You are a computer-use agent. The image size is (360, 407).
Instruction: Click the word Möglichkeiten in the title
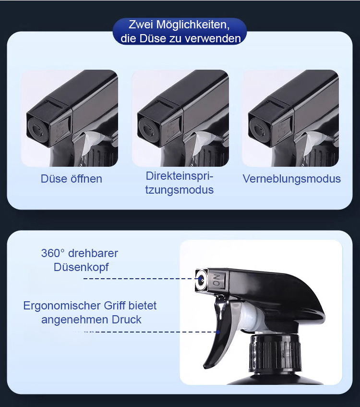pos(192,25)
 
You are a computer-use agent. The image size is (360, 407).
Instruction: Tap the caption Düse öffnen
pos(72,179)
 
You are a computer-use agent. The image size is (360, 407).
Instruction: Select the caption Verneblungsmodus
pos(291,179)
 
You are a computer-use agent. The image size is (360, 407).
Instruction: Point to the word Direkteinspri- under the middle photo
pos(179,176)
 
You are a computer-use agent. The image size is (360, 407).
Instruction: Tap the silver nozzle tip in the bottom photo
pos(201,280)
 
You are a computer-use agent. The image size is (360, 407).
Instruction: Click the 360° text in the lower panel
pos(52,253)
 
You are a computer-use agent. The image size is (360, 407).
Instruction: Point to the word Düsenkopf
pos(81,267)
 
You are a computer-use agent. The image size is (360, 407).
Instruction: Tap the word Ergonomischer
pos(62,306)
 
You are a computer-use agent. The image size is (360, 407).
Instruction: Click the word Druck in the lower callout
pos(127,320)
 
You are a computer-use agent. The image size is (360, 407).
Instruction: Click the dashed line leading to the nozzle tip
pos(141,279)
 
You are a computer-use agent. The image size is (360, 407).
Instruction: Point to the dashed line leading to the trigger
pos(145,332)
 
